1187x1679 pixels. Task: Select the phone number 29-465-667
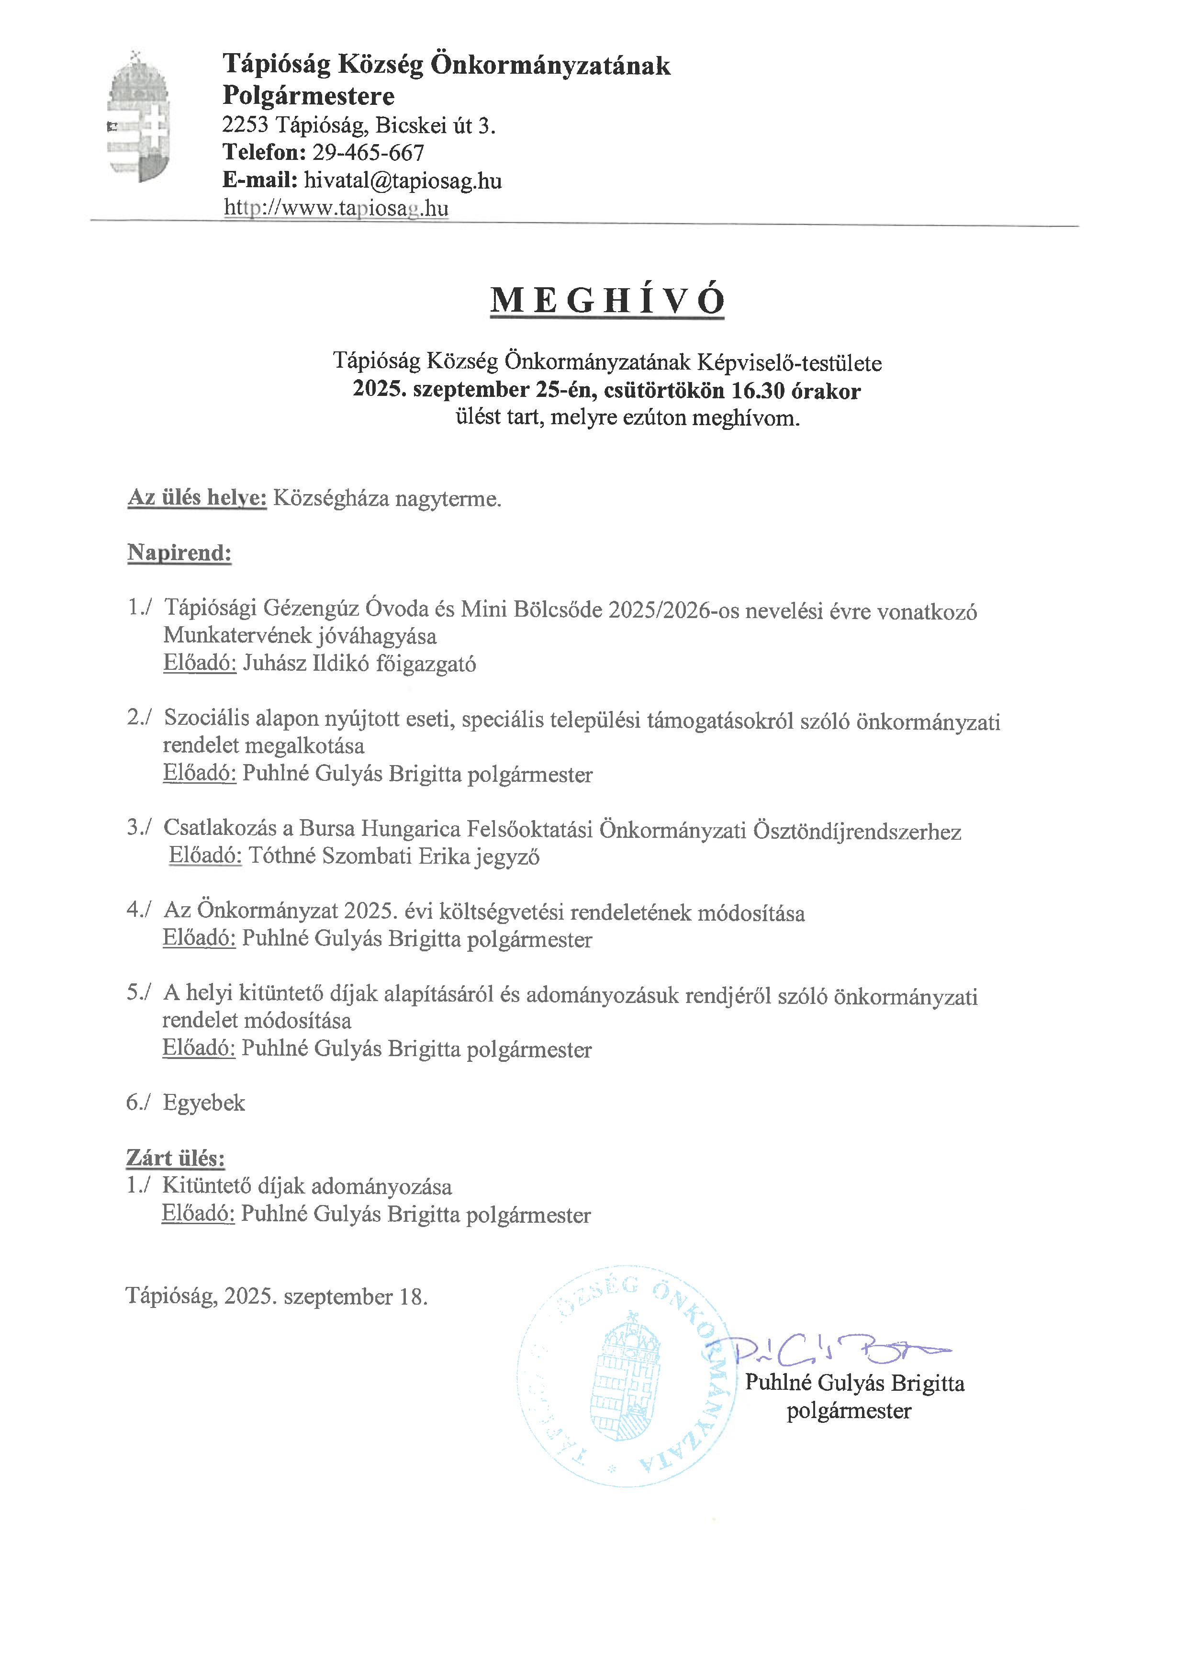(x=369, y=153)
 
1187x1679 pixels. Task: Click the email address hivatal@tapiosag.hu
(x=403, y=180)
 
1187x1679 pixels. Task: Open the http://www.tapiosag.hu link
(x=336, y=208)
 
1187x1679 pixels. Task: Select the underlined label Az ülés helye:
(x=197, y=498)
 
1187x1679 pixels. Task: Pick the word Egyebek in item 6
(x=204, y=1103)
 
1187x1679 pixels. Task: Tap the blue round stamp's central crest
(x=625, y=1376)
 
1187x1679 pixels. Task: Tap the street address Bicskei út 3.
(x=436, y=126)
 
